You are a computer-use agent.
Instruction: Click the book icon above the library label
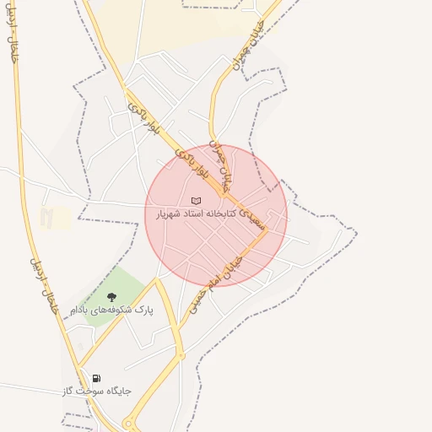point(197,201)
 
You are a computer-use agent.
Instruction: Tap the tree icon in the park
point(111,297)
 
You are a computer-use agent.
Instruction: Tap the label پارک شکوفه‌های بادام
point(111,310)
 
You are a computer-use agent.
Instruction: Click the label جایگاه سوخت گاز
point(96,391)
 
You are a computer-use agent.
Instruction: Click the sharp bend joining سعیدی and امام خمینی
point(267,232)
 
